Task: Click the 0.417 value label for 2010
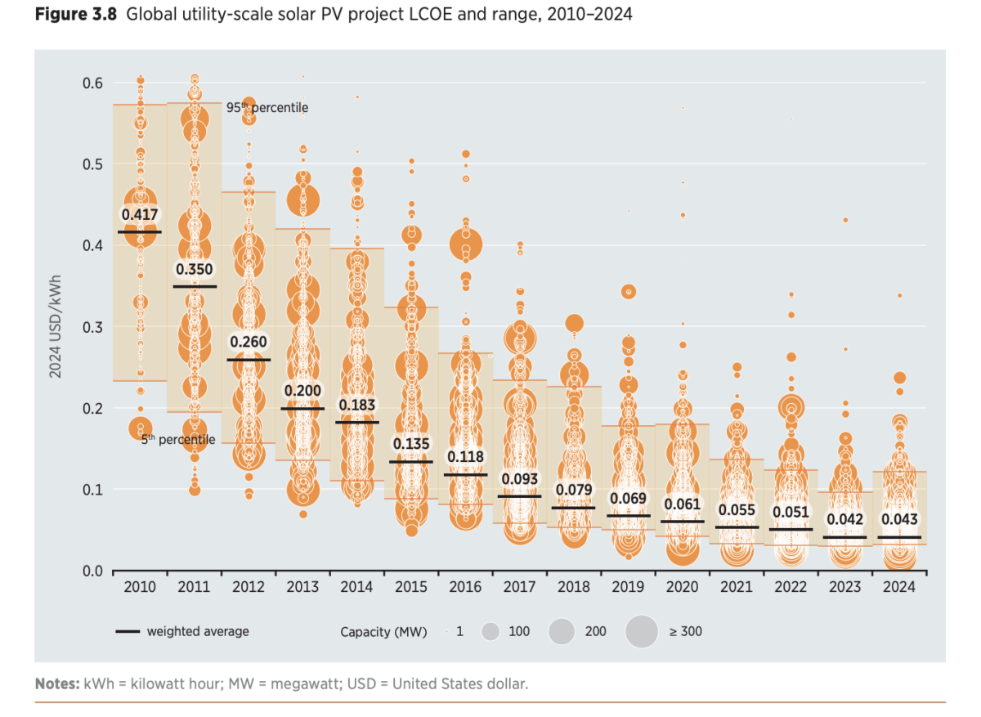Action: pyautogui.click(x=139, y=215)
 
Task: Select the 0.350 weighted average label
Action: pyautogui.click(x=195, y=269)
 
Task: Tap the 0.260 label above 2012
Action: pyautogui.click(x=248, y=342)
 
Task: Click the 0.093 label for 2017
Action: pyautogui.click(x=520, y=478)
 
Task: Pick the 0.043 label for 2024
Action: pyautogui.click(x=899, y=519)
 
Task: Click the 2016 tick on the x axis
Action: pyautogui.click(x=465, y=587)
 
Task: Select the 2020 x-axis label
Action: pyautogui.click(x=682, y=587)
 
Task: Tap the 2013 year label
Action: pyautogui.click(x=302, y=587)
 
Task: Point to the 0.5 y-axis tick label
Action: pyautogui.click(x=92, y=164)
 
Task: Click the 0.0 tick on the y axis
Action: pyautogui.click(x=92, y=571)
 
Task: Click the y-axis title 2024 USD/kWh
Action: pyautogui.click(x=56, y=327)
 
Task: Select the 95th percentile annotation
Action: pyautogui.click(x=267, y=108)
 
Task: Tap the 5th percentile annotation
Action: pyautogui.click(x=178, y=440)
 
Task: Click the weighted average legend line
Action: pyautogui.click(x=127, y=632)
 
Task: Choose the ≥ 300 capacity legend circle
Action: pyautogui.click(x=642, y=631)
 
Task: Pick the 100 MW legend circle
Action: pyautogui.click(x=490, y=631)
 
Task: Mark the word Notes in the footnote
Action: pyautogui.click(x=55, y=683)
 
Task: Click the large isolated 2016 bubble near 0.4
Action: pyautogui.click(x=466, y=244)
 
